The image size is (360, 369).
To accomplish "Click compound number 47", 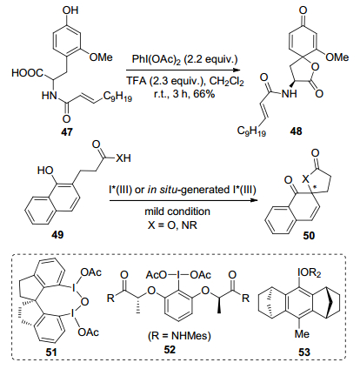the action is [x=67, y=132].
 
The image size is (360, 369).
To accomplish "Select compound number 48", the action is [x=296, y=131].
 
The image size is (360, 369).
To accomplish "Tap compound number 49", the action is [x=57, y=234].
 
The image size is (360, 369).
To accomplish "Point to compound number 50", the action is [x=309, y=235].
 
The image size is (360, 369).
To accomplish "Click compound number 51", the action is [x=51, y=352].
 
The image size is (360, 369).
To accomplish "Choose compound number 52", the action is [x=170, y=350].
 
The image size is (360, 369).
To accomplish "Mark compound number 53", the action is [x=304, y=352].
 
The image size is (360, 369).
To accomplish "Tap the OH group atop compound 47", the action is [x=70, y=10].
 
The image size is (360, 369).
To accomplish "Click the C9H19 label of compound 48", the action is [x=251, y=131].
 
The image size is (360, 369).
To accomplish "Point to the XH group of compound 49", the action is [x=123, y=158].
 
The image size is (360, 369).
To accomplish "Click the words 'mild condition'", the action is [x=177, y=211].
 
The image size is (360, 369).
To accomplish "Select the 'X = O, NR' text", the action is [x=172, y=225].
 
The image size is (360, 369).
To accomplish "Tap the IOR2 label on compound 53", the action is [x=310, y=273].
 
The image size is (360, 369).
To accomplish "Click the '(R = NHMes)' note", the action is [x=179, y=336].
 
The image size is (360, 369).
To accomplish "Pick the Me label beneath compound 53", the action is [x=302, y=334].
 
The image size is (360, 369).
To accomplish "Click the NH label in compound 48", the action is [x=290, y=94].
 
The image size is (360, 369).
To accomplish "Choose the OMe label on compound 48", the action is [x=337, y=57].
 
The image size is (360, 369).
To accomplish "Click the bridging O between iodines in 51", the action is [x=84, y=302].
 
